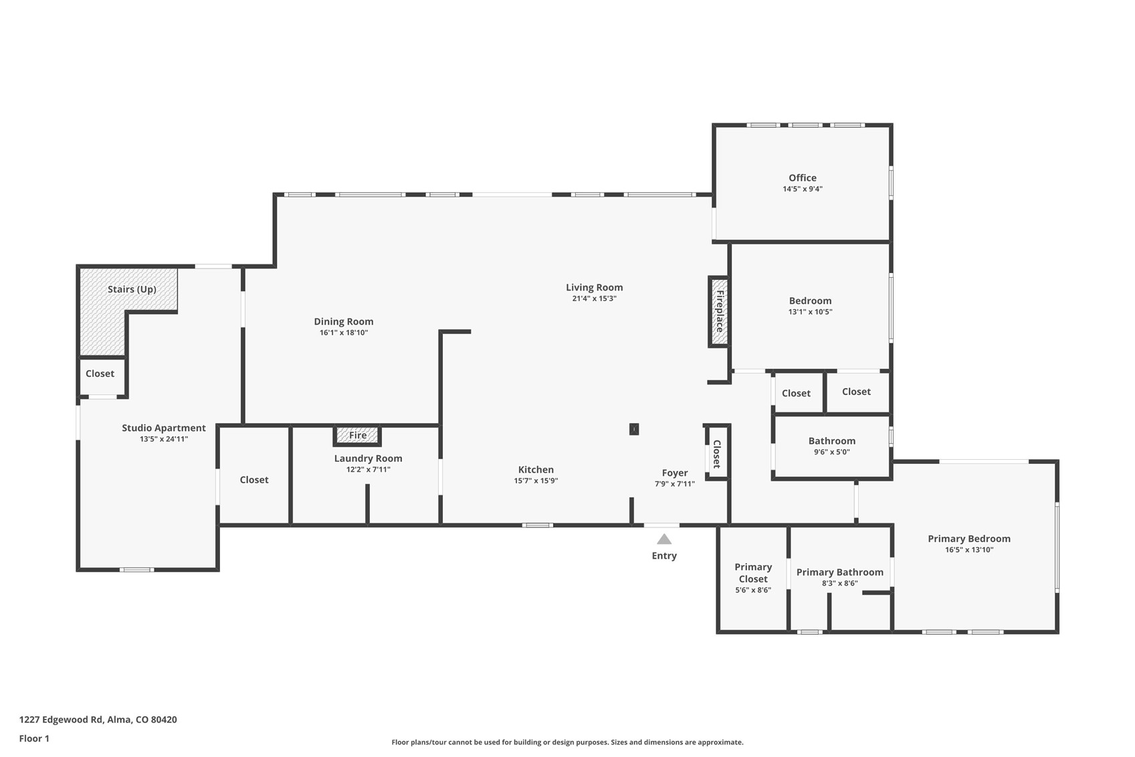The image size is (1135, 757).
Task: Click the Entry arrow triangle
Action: point(663,539)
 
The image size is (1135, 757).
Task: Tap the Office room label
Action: point(802,177)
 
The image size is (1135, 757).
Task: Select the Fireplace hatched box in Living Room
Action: point(719,311)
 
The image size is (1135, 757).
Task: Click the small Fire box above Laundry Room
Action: point(357,436)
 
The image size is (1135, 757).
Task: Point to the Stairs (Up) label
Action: point(132,289)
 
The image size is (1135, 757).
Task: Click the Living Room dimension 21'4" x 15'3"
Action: point(594,299)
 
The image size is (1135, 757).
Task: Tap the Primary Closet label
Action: point(753,573)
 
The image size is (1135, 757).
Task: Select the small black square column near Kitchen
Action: point(633,429)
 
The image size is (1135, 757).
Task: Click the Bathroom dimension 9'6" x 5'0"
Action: point(831,452)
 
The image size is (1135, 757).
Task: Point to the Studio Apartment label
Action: point(164,428)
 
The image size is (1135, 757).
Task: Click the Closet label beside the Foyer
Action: point(716,454)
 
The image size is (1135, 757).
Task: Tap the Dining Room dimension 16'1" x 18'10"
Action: point(343,333)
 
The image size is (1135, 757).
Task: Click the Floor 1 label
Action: point(34,738)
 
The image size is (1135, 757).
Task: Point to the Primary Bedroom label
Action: point(968,538)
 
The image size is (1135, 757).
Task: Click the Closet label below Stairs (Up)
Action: point(100,373)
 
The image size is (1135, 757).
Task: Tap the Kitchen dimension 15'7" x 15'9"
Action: point(536,481)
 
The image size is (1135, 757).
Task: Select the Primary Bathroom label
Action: point(839,572)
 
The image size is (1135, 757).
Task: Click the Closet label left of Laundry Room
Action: point(254,479)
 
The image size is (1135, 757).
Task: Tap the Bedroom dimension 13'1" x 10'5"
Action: point(810,312)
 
